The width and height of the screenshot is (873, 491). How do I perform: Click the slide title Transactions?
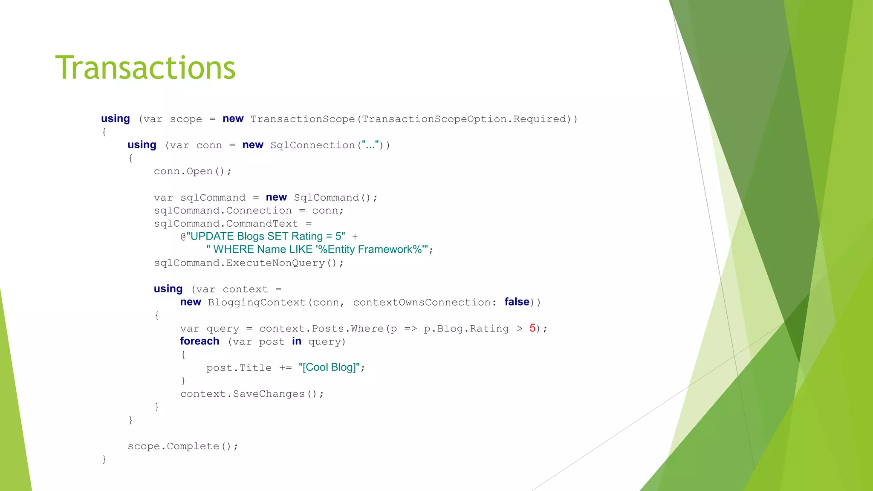pyautogui.click(x=145, y=68)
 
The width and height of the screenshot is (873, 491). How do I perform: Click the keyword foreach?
pyautogui.click(x=199, y=341)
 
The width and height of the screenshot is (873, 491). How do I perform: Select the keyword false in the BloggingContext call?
pyautogui.click(x=517, y=302)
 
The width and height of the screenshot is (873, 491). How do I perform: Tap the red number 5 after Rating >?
pyautogui.click(x=532, y=328)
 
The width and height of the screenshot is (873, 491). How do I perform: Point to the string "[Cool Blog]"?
pyautogui.click(x=330, y=367)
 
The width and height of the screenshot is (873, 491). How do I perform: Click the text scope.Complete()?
pyautogui.click(x=183, y=446)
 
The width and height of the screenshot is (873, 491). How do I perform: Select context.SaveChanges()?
pyautogui.click(x=252, y=394)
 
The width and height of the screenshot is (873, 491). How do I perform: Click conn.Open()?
pyautogui.click(x=193, y=171)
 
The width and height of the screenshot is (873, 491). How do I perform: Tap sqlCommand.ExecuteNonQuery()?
pyautogui.click(x=249, y=263)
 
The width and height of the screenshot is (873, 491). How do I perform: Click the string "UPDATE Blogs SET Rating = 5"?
pyautogui.click(x=266, y=237)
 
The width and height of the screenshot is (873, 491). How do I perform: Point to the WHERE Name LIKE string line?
pyautogui.click(x=317, y=249)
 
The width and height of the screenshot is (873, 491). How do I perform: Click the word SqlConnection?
pyautogui.click(x=312, y=145)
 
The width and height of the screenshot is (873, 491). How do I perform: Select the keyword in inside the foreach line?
pyautogui.click(x=297, y=341)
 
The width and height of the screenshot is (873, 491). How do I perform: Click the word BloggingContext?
pyautogui.click(x=257, y=303)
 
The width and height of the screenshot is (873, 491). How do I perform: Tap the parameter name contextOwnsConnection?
pyautogui.click(x=425, y=303)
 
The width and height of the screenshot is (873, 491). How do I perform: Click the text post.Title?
pyautogui.click(x=239, y=368)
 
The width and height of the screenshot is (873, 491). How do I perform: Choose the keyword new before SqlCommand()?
pyautogui.click(x=276, y=197)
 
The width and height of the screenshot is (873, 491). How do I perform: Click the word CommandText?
pyautogui.click(x=262, y=224)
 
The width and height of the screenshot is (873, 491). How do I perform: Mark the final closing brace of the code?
pyautogui.click(x=104, y=459)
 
